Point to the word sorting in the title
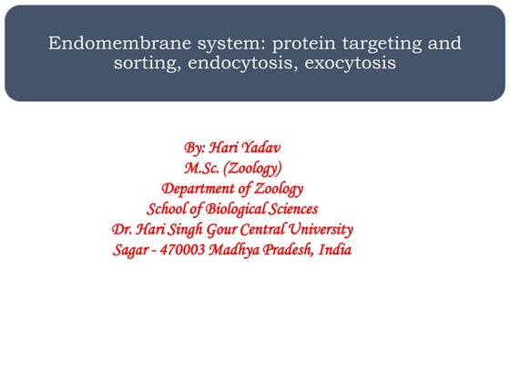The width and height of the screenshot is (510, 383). point(145,64)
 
